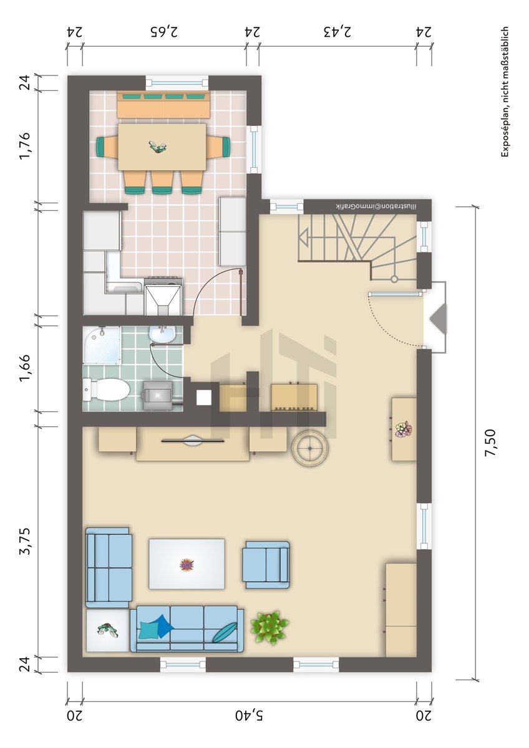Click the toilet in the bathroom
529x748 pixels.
pos(106,390)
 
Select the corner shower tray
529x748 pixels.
pos(101,345)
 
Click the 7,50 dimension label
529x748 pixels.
pos(491,443)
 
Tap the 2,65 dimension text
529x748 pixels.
pos(164,32)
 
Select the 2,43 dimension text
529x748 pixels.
pos(337,32)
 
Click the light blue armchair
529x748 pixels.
pos(266,565)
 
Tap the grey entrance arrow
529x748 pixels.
pos(438,317)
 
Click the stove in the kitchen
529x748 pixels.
pos(163,296)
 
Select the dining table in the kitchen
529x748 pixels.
pos(162,147)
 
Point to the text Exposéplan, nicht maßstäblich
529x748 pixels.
pos(505,92)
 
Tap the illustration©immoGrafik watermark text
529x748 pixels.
pos(376,206)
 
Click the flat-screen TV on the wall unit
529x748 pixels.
pos(193,441)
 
